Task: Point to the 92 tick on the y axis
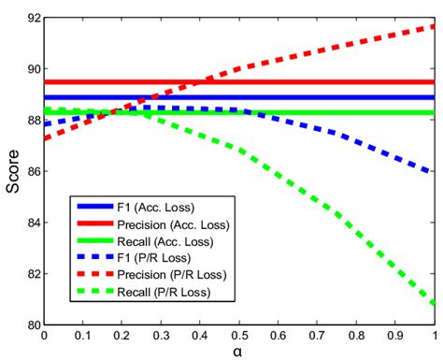click(31, 18)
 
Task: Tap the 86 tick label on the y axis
click(31, 171)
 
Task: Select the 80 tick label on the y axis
click(31, 324)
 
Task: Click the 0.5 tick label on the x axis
click(240, 335)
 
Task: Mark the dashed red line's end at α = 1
click(435, 26)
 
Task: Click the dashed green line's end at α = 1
click(435, 304)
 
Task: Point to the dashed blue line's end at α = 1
click(435, 172)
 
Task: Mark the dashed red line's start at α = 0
click(46, 138)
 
